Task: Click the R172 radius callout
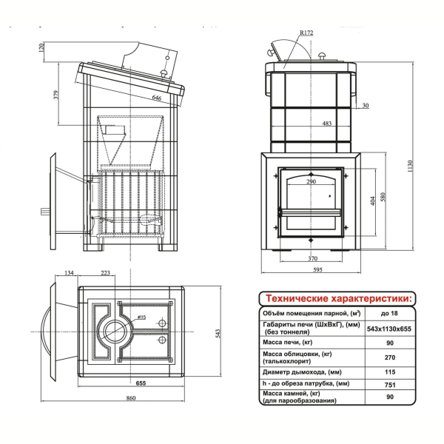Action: pos(306,33)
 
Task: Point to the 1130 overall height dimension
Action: pos(411,166)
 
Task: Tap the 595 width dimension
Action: pos(317,270)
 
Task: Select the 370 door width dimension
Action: pos(312,258)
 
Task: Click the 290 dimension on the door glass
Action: pos(311,181)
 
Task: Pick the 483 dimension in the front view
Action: pos(327,124)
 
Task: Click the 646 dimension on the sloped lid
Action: pos(157,98)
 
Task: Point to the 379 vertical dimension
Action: pos(56,95)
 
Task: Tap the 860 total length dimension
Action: pos(131,398)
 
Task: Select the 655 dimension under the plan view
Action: pos(141,383)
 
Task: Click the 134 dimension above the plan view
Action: pos(69,272)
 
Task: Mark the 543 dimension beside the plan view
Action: pos(218,333)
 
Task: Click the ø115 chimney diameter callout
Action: pos(141,317)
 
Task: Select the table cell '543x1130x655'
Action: pos(389,329)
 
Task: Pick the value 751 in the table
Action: pos(390,385)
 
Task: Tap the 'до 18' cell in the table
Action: pos(389,313)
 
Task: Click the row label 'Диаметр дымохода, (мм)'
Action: pos(302,371)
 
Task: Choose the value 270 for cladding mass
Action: pos(390,357)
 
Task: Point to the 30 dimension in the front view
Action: pos(366,105)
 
